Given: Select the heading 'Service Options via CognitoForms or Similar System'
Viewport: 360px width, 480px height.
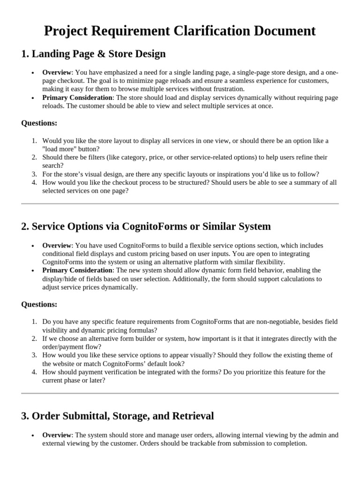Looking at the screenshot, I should (146, 226).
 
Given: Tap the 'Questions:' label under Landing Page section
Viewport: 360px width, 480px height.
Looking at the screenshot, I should (39, 123).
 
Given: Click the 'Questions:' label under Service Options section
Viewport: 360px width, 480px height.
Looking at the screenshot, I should (39, 305).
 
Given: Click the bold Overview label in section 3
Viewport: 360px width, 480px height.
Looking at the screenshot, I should (57, 435).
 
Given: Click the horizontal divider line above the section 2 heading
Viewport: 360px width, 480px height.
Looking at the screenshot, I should (180, 203).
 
